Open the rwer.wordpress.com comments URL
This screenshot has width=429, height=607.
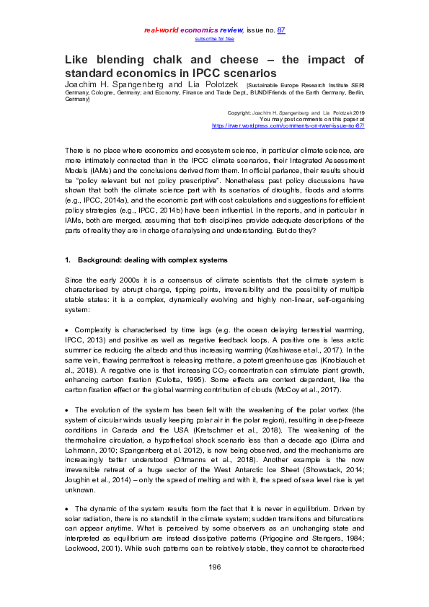(x=288, y=125)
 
